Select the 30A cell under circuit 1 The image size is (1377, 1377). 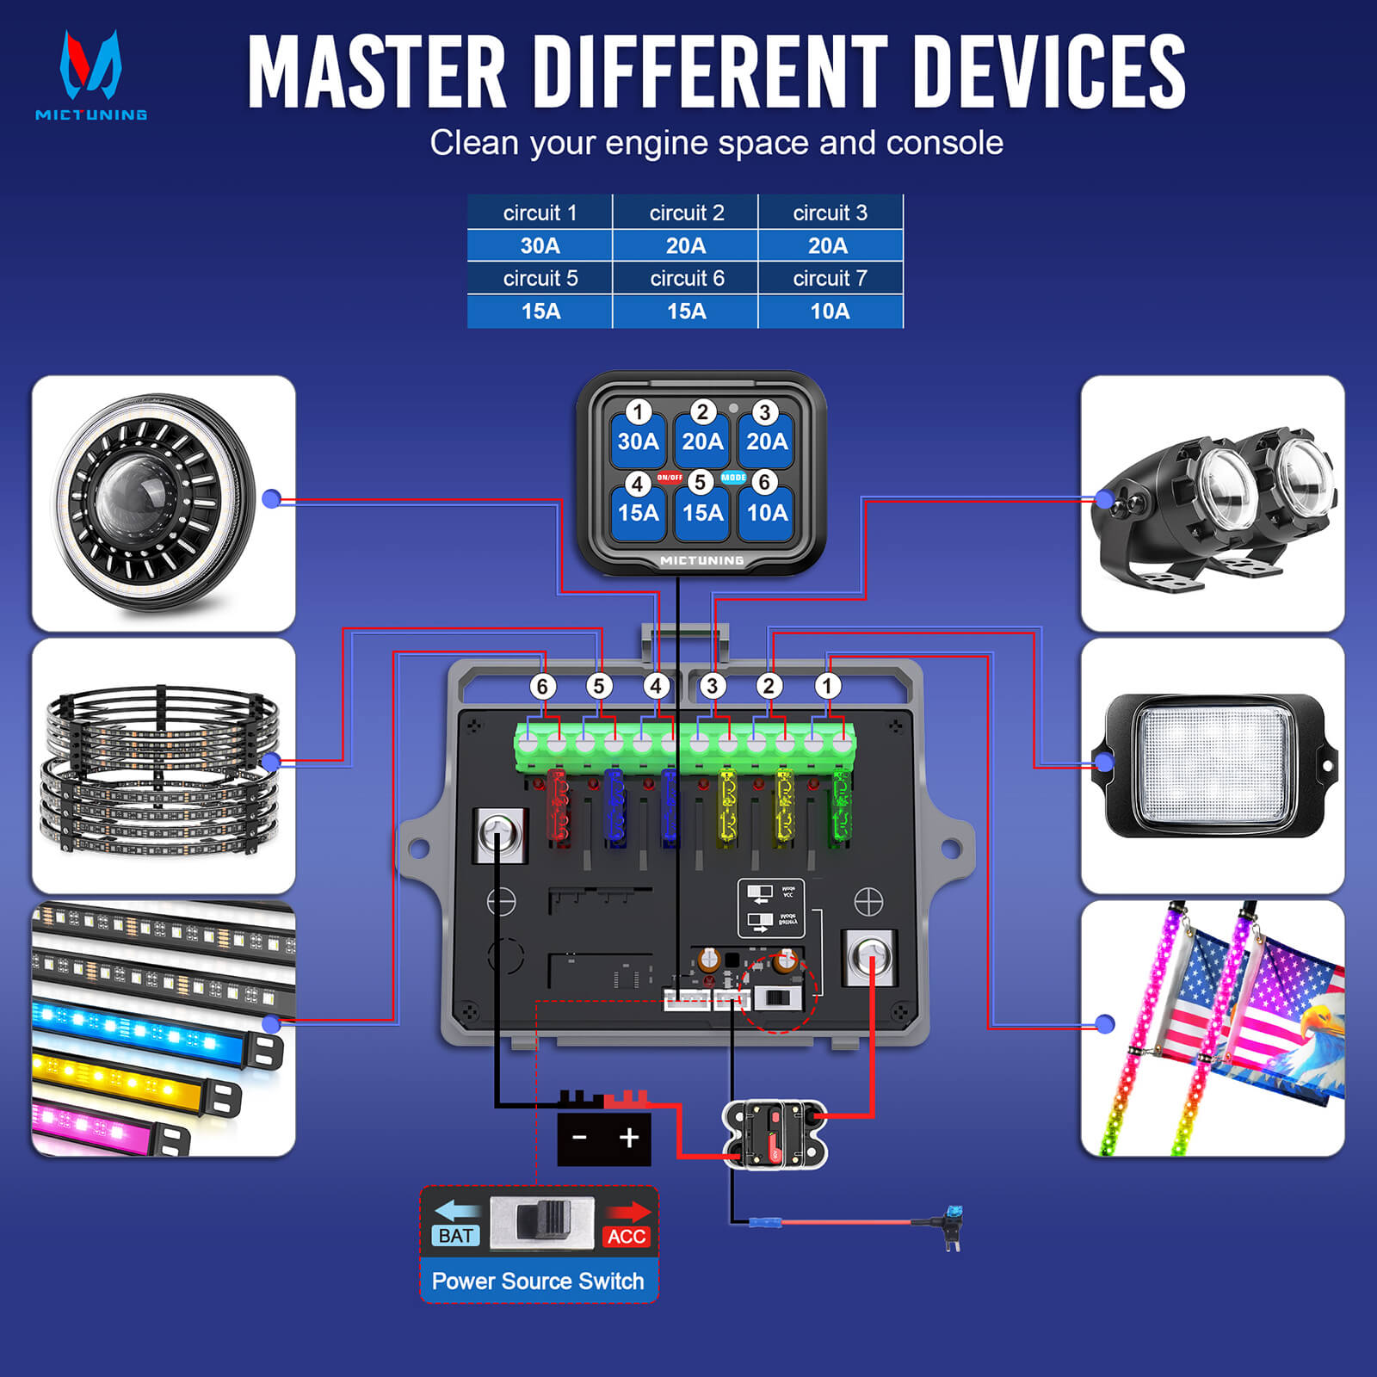tap(540, 246)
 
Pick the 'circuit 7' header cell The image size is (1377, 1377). tap(830, 279)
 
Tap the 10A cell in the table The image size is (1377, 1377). tap(830, 312)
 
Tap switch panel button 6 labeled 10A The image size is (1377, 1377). tap(766, 511)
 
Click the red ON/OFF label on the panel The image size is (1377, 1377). tap(670, 478)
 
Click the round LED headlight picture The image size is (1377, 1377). tap(157, 503)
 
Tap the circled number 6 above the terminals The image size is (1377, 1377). tap(542, 686)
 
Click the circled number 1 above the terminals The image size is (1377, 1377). tap(827, 686)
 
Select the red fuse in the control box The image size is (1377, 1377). tap(559, 805)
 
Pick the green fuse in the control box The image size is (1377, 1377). tap(840, 805)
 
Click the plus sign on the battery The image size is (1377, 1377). tap(629, 1138)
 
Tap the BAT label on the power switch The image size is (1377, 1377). tap(455, 1236)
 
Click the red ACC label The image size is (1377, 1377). tap(626, 1237)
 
